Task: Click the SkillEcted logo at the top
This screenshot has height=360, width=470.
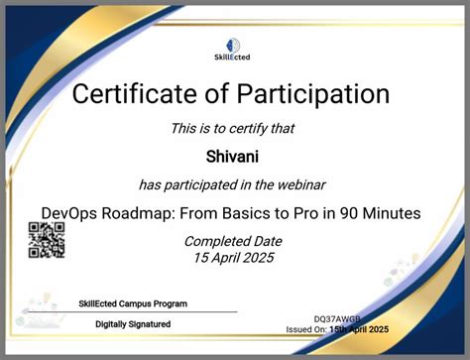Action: pyautogui.click(x=234, y=49)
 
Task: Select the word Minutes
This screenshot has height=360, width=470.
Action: pyautogui.click(x=388, y=212)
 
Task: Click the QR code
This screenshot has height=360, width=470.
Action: pyautogui.click(x=46, y=240)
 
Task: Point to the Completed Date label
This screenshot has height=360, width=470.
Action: pyautogui.click(x=233, y=242)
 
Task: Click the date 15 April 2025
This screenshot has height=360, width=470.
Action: pyautogui.click(x=233, y=259)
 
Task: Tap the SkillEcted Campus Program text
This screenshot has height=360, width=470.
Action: pyautogui.click(x=133, y=303)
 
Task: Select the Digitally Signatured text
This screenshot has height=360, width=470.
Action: pyautogui.click(x=133, y=323)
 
